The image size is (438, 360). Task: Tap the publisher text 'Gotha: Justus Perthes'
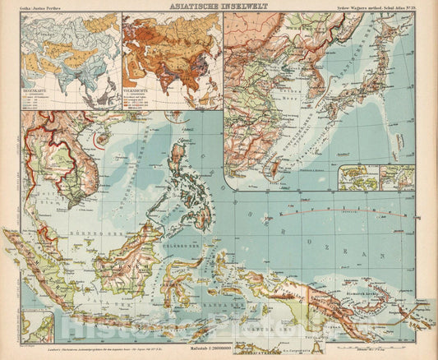pyautogui.click(x=39, y=7)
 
